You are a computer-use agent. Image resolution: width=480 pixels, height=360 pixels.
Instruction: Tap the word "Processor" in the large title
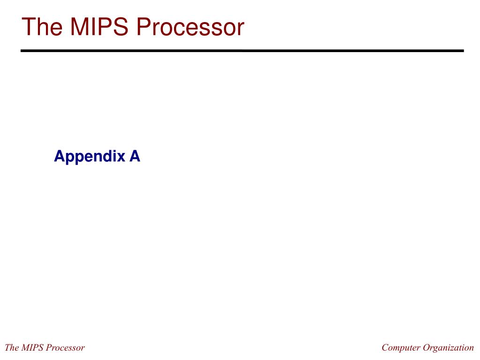tap(190, 27)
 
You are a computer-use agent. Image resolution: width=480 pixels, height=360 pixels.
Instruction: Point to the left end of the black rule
tap(22, 51)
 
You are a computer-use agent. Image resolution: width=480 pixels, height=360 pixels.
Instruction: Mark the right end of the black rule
tap(462, 51)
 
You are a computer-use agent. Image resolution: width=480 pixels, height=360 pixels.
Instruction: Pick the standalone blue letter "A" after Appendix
tap(135, 156)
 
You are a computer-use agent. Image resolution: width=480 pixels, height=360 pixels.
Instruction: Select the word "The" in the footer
tap(12, 348)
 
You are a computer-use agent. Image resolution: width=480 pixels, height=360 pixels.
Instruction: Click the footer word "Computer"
tap(401, 348)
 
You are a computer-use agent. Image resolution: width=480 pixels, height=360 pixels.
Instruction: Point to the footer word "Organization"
tap(449, 348)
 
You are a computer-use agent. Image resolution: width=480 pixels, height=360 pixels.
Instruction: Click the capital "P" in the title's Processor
tap(144, 27)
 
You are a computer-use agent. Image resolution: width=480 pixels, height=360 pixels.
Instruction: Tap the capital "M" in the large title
tap(80, 27)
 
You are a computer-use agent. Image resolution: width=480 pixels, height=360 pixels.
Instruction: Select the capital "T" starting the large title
tap(29, 27)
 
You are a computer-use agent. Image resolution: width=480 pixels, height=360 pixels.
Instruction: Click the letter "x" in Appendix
tap(122, 156)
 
